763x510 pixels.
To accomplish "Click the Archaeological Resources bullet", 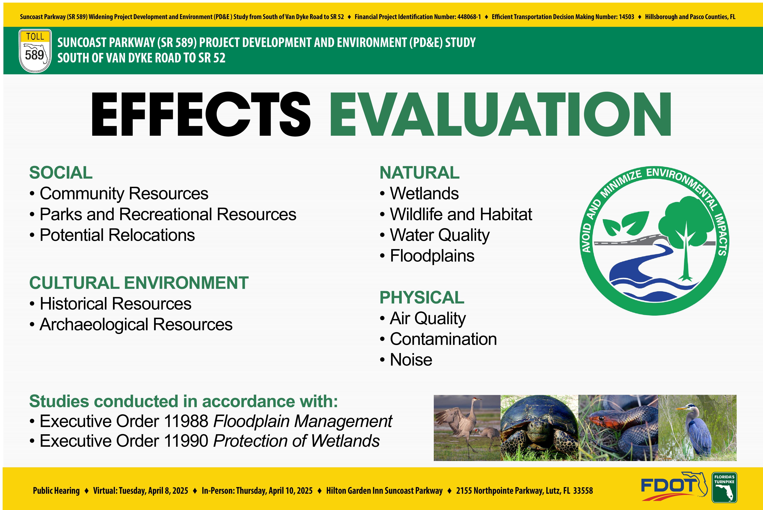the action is click(131, 325).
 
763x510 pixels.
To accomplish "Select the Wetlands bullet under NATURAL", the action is click(419, 194).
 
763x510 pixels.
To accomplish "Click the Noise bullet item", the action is click(406, 360).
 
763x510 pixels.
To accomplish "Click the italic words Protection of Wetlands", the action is click(296, 441).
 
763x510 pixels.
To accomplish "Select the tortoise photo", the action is click(539, 428).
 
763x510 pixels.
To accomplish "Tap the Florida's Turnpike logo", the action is click(724, 487).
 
